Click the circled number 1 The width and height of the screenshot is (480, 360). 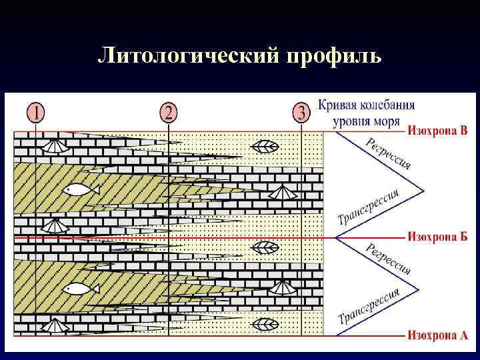click(35, 111)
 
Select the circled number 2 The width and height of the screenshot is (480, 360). click(169, 111)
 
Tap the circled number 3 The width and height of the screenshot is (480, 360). click(301, 111)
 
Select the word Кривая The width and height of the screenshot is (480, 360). click(338, 105)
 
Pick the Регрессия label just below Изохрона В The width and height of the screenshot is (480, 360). click(389, 153)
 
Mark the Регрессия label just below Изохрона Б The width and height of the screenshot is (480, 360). click(389, 259)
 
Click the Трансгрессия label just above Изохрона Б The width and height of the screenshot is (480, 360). click(369, 207)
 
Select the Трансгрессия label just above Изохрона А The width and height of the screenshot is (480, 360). click(369, 306)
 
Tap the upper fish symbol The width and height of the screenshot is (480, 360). click(81, 190)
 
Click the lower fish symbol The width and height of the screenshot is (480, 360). click(81, 289)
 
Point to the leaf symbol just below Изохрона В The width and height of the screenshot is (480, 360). click(268, 146)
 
